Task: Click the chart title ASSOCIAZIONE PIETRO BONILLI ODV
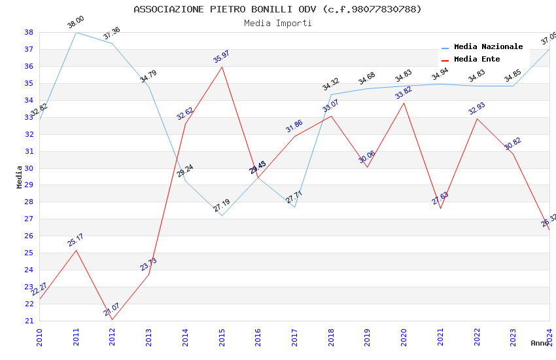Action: [x=277, y=9]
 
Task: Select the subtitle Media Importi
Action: [x=277, y=23]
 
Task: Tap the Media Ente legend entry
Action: [x=477, y=60]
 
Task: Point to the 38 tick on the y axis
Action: [x=29, y=32]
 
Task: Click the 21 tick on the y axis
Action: [x=29, y=321]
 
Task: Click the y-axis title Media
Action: [x=20, y=177]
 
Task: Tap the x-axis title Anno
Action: [x=540, y=343]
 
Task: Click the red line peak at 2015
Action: [x=222, y=67]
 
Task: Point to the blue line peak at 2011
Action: [x=76, y=32]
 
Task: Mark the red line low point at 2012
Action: [x=113, y=319]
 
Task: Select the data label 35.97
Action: [x=221, y=57]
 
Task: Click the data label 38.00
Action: [x=76, y=23]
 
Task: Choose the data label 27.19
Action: [x=221, y=206]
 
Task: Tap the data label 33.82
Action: [x=403, y=94]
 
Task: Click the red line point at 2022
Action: [x=477, y=118]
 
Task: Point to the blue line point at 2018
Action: [x=331, y=94]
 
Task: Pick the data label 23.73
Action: [x=148, y=264]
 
